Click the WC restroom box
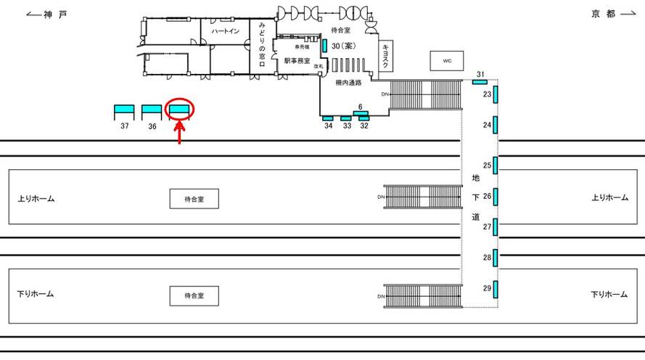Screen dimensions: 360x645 (446, 61)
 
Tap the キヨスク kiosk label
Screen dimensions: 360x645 (386, 55)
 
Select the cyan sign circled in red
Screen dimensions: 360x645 (179, 110)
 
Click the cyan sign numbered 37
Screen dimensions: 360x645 (124, 110)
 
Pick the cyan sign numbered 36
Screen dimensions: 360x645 (152, 110)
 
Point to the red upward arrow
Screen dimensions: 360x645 (179, 132)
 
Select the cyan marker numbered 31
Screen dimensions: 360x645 (480, 81)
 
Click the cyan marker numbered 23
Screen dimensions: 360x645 (495, 94)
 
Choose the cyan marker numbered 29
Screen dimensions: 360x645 (495, 288)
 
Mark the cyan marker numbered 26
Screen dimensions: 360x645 (495, 196)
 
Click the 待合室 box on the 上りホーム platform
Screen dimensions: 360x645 (194, 198)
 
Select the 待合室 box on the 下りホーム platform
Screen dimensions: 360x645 (194, 295)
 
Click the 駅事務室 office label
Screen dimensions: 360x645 (297, 61)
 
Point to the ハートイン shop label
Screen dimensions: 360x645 (226, 33)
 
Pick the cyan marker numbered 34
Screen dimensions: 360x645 (327, 118)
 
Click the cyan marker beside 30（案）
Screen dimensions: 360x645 (324, 46)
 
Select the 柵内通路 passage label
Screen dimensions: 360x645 (348, 83)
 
